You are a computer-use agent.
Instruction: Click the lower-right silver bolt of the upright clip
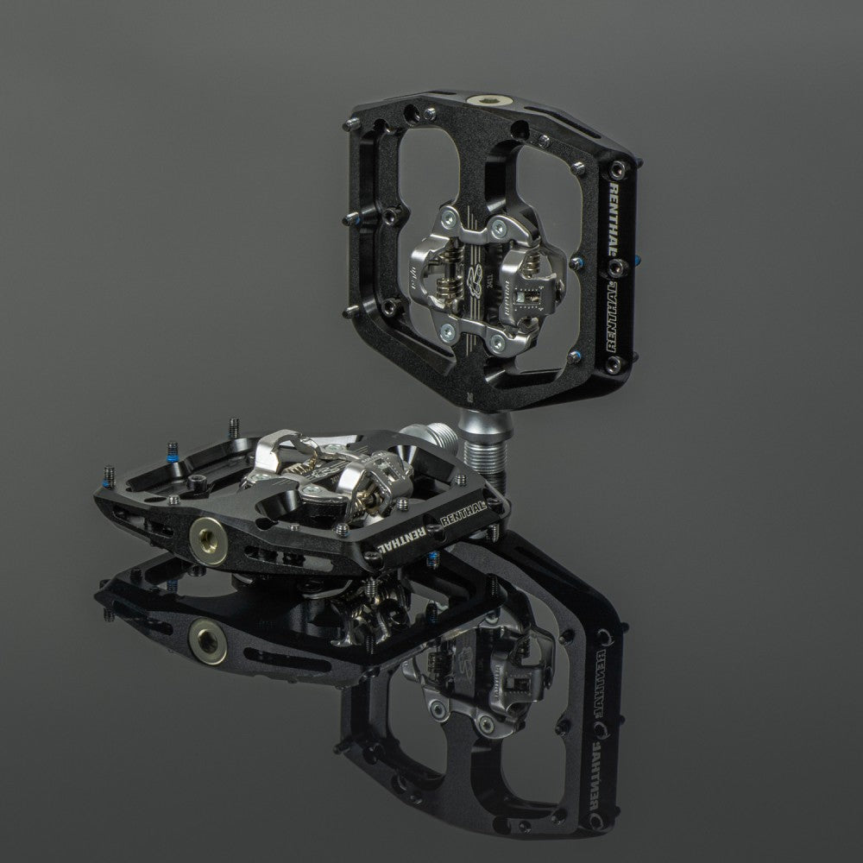(498, 343)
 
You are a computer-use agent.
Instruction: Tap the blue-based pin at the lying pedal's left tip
(110, 474)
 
